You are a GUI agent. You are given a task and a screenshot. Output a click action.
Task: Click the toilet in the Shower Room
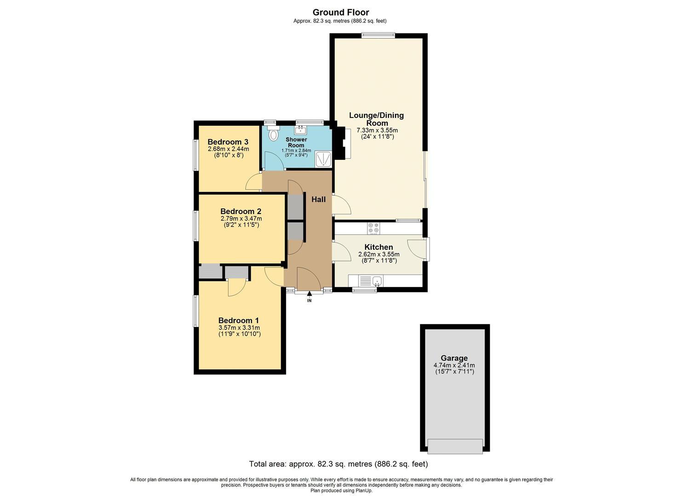274,135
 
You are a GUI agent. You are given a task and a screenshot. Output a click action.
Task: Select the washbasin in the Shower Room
301,129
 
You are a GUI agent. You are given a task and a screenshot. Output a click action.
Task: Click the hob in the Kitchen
373,228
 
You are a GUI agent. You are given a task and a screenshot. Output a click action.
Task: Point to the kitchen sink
377,280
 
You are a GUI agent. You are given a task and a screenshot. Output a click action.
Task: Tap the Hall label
318,199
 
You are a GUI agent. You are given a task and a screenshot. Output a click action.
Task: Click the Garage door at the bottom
455,446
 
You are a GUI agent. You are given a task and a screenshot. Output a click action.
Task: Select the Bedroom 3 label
228,142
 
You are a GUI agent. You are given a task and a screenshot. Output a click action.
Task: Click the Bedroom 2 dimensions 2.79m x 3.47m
241,219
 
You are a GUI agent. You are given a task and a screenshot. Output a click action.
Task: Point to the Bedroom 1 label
239,321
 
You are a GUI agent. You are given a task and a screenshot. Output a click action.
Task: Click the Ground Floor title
341,12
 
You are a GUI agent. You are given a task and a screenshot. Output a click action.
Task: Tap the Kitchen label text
379,247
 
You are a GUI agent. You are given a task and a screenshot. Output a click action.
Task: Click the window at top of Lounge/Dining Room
378,35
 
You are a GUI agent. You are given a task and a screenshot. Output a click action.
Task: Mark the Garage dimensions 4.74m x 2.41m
454,366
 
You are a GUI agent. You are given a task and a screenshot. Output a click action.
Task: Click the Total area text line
338,464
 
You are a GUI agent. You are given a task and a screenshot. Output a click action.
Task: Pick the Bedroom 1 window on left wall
195,311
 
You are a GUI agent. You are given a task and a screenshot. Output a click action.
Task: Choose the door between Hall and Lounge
341,205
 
